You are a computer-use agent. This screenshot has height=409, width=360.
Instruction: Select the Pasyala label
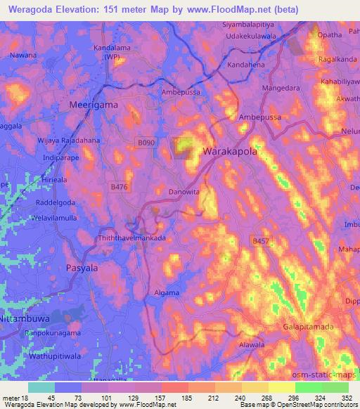pyautogui.click(x=82, y=268)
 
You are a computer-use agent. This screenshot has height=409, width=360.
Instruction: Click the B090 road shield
pyautogui.click(x=146, y=143)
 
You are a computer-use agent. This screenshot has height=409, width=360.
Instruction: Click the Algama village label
pyautogui.click(x=166, y=292)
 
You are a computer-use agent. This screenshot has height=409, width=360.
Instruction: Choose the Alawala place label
pyautogui.click(x=250, y=345)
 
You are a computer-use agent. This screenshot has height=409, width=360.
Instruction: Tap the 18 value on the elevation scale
pyautogui.click(x=27, y=396)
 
